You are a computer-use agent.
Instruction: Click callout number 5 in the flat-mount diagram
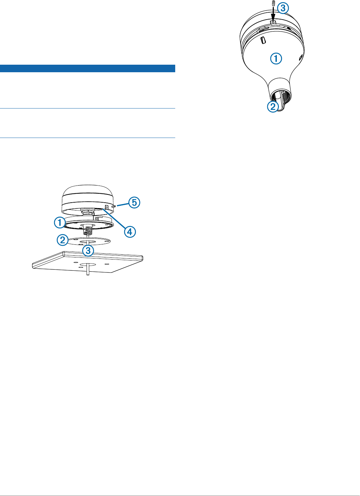pos(134,202)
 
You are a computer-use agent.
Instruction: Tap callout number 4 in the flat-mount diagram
pos(129,232)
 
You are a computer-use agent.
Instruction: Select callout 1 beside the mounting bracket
pos(60,223)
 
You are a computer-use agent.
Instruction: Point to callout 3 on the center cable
pos(88,251)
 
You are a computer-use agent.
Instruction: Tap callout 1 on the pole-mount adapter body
pos(276,59)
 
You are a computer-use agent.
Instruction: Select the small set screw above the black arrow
pos(273,3)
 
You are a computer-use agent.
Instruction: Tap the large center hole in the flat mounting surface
pos(84,265)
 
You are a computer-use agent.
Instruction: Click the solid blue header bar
pos(88,68)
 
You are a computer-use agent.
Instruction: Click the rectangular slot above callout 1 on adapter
pos(263,41)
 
